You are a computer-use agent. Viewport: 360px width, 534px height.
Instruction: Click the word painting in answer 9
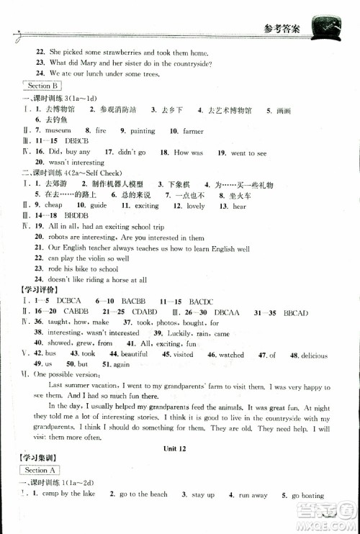tap(143, 131)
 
